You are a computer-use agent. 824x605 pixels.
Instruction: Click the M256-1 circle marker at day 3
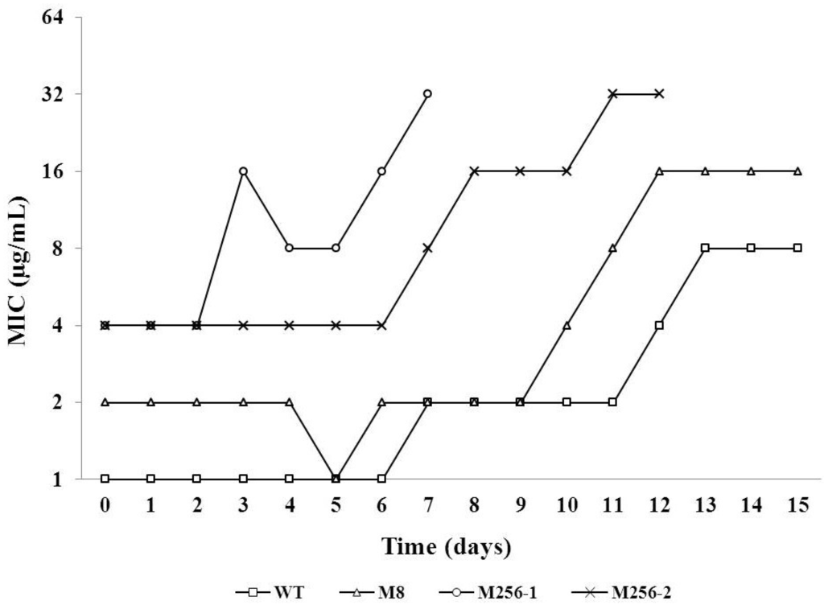pyautogui.click(x=242, y=171)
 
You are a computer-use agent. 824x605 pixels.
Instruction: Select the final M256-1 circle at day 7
pyautogui.click(x=427, y=94)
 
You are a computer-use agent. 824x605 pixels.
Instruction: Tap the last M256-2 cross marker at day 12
pyautogui.click(x=659, y=94)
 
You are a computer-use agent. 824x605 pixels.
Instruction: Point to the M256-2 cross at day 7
pyautogui.click(x=427, y=248)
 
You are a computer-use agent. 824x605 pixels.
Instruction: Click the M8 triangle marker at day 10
pyautogui.click(x=566, y=325)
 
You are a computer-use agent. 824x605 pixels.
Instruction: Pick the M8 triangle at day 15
pyautogui.click(x=797, y=171)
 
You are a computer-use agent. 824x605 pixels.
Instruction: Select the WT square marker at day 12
pyautogui.click(x=659, y=325)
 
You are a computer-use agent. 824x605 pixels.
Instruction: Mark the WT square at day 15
pyautogui.click(x=797, y=248)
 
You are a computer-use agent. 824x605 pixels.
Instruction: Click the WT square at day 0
pyautogui.click(x=105, y=479)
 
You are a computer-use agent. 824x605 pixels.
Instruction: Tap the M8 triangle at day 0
pyautogui.click(x=105, y=401)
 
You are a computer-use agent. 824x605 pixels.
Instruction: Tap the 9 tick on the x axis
pyautogui.click(x=520, y=503)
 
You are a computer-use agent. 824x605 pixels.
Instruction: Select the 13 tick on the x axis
pyautogui.click(x=705, y=503)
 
